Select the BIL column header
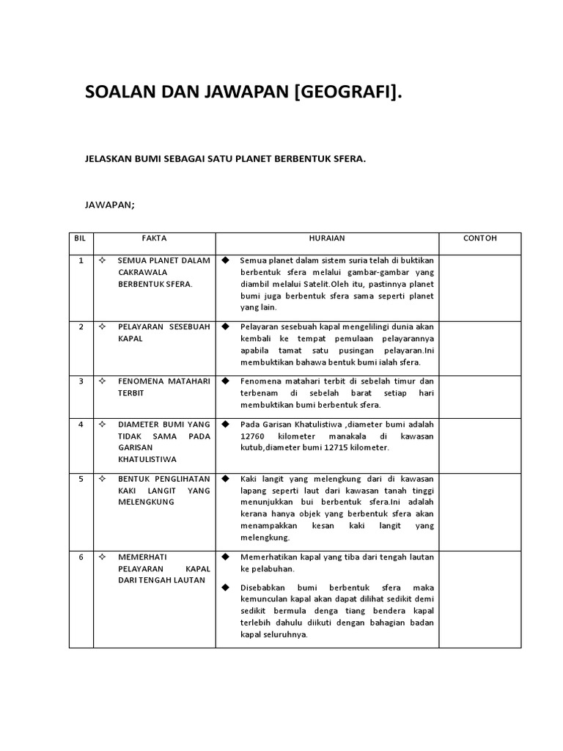click(x=81, y=238)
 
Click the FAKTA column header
click(x=154, y=238)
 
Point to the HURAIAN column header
click(x=327, y=238)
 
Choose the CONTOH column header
click(x=480, y=238)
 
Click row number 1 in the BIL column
click(x=81, y=260)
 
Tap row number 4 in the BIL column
click(x=81, y=425)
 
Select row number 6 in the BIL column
click(x=81, y=557)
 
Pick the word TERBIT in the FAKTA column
click(x=131, y=393)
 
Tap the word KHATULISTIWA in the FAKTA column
click(x=148, y=459)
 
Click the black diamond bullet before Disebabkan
click(x=226, y=587)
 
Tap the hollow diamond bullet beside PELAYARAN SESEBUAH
click(x=102, y=326)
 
